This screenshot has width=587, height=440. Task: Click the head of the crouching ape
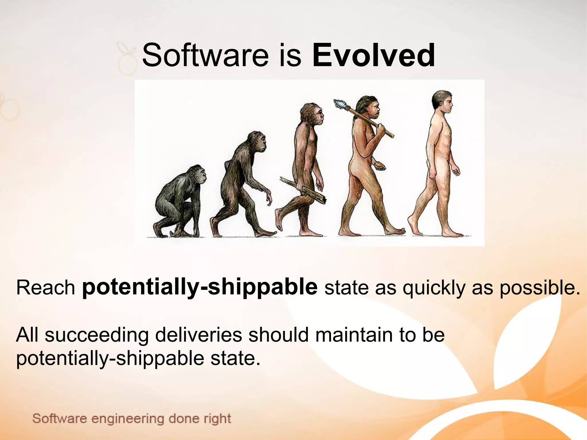click(198, 174)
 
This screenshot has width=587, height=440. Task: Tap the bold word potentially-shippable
click(199, 287)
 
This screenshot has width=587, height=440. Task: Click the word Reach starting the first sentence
click(45, 288)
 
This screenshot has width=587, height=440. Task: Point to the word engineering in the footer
click(128, 419)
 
